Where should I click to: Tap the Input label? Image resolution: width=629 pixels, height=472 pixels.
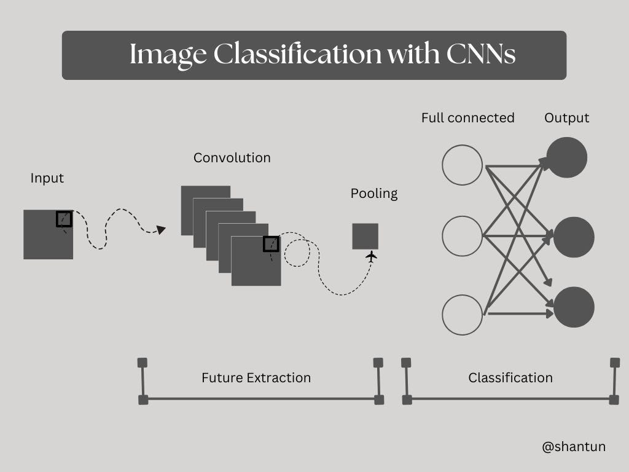tap(47, 178)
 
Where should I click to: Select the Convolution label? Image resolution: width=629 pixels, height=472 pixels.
tap(232, 157)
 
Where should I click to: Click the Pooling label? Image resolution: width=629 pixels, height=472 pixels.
tap(374, 194)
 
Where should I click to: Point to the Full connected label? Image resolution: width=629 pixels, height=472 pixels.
tap(467, 117)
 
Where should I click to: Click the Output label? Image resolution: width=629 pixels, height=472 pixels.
tap(566, 117)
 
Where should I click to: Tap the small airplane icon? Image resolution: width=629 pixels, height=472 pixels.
tap(370, 256)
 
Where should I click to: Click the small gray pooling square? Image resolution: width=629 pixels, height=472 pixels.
tap(365, 236)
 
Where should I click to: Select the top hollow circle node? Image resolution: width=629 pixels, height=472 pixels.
tap(463, 165)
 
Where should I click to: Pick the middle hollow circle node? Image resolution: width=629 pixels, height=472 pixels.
tap(463, 236)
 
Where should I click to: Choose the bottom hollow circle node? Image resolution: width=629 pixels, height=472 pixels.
tap(463, 315)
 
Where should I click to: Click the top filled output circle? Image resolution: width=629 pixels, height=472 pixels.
tap(566, 157)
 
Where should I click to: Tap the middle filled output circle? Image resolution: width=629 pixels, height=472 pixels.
tap(574, 237)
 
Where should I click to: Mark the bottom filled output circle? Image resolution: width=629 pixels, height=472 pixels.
tap(574, 307)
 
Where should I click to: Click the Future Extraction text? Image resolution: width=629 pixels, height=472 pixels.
tap(256, 377)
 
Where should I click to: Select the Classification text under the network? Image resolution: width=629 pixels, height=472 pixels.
tap(510, 377)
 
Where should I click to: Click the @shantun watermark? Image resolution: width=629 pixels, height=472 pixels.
tap(574, 447)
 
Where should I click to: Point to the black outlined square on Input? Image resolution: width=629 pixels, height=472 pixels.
tap(64, 219)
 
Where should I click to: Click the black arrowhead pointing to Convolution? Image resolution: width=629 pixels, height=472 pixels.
tap(161, 230)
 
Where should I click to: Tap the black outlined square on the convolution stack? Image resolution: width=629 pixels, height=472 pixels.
tap(271, 244)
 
